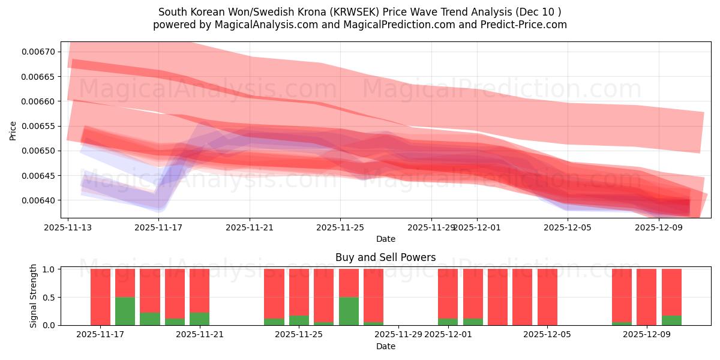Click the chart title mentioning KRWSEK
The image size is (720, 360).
(360, 12)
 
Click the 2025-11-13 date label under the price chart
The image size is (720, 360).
(68, 228)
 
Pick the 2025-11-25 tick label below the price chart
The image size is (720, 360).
(340, 228)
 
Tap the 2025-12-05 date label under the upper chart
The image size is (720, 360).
(568, 228)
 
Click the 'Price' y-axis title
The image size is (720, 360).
(13, 130)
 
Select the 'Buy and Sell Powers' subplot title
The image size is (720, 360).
(385, 257)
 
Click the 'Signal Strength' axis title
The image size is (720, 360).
(34, 296)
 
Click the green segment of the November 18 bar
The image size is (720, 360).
(125, 311)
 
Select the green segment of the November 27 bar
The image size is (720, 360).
(349, 311)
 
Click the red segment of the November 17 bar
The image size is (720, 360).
(100, 297)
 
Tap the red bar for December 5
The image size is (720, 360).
(547, 297)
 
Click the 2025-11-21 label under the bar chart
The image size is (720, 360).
(200, 335)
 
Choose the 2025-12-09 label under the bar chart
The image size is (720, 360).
(647, 335)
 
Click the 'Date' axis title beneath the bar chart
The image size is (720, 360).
(385, 346)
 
